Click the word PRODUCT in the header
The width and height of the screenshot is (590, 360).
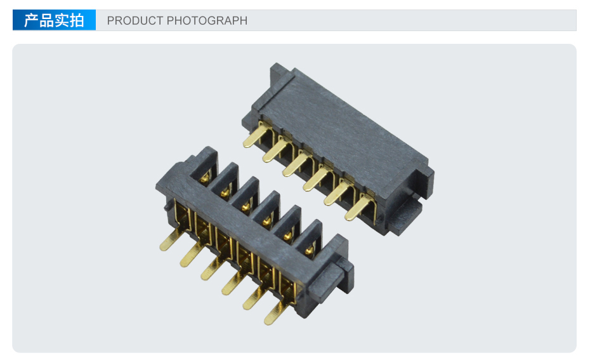tap(134, 20)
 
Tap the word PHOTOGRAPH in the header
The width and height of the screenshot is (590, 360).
tap(207, 20)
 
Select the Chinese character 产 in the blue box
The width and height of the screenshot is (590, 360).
tap(31, 20)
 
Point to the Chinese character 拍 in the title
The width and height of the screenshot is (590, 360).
tap(77, 20)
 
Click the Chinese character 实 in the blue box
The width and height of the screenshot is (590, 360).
tap(62, 20)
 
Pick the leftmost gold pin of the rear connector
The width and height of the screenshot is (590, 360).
tap(257, 135)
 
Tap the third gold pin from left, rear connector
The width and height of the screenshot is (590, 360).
tap(298, 164)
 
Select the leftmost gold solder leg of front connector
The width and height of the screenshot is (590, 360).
tap(171, 240)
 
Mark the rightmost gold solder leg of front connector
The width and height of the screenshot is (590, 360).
tap(276, 313)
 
